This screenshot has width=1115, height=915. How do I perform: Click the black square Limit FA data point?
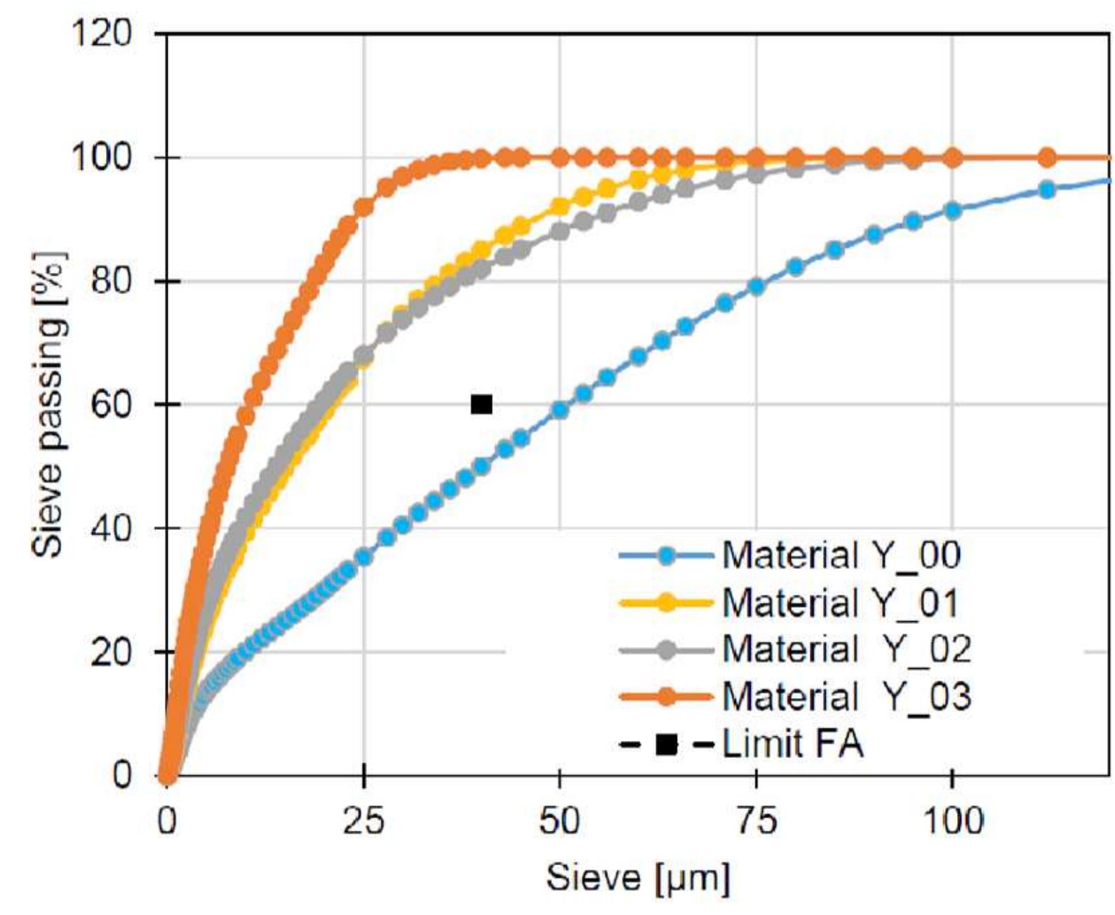pyautogui.click(x=481, y=404)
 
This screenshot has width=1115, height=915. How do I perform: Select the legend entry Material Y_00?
pyautogui.click(x=841, y=556)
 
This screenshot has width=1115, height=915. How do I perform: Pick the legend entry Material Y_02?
pyautogui.click(x=846, y=649)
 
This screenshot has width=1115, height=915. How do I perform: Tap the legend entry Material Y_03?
pyautogui.click(x=846, y=696)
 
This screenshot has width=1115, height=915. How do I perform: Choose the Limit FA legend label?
pyautogui.click(x=793, y=744)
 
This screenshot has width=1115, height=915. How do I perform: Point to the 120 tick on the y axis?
pyautogui.click(x=102, y=32)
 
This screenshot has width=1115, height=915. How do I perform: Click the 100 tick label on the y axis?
pyautogui.click(x=102, y=157)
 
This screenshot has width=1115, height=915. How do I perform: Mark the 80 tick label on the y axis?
pyautogui.click(x=111, y=281)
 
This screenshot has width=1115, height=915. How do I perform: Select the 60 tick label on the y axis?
pyautogui.click(x=111, y=405)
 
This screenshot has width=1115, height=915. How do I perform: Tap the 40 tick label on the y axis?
pyautogui.click(x=111, y=528)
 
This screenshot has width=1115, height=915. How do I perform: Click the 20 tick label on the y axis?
pyautogui.click(x=111, y=652)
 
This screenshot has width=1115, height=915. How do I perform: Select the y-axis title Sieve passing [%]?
pyautogui.click(x=51, y=404)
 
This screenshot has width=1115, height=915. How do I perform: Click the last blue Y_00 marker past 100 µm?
pyautogui.click(x=1046, y=189)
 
